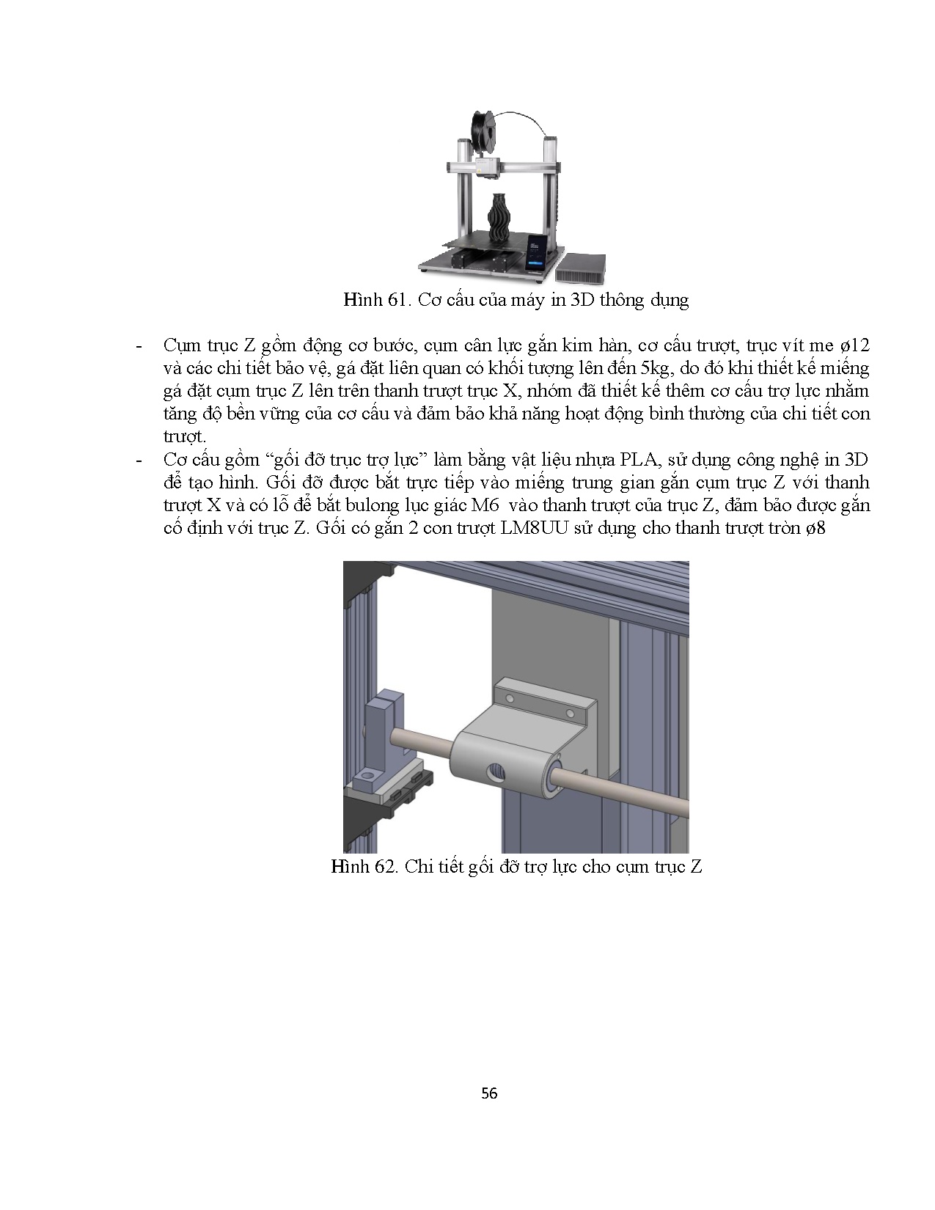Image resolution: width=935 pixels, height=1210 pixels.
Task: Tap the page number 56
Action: click(x=489, y=1093)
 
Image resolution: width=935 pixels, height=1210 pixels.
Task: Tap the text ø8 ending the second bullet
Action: click(x=815, y=528)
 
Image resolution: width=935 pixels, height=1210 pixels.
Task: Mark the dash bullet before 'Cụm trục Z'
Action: click(x=139, y=345)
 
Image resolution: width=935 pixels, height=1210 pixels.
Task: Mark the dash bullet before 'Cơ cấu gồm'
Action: click(x=139, y=460)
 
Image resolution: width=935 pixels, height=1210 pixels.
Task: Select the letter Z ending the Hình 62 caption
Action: click(x=696, y=867)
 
